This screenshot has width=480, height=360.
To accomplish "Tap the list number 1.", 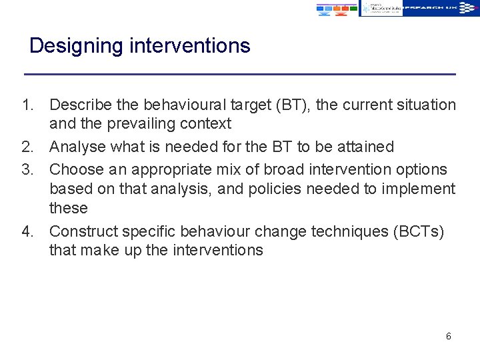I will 27,105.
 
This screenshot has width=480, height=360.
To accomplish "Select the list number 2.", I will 27,147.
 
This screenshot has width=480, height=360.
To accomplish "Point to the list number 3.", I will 27,169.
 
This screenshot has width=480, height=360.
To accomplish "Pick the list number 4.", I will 27,231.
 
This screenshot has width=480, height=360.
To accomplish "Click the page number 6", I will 448,337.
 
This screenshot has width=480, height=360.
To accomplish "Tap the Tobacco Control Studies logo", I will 381,7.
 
